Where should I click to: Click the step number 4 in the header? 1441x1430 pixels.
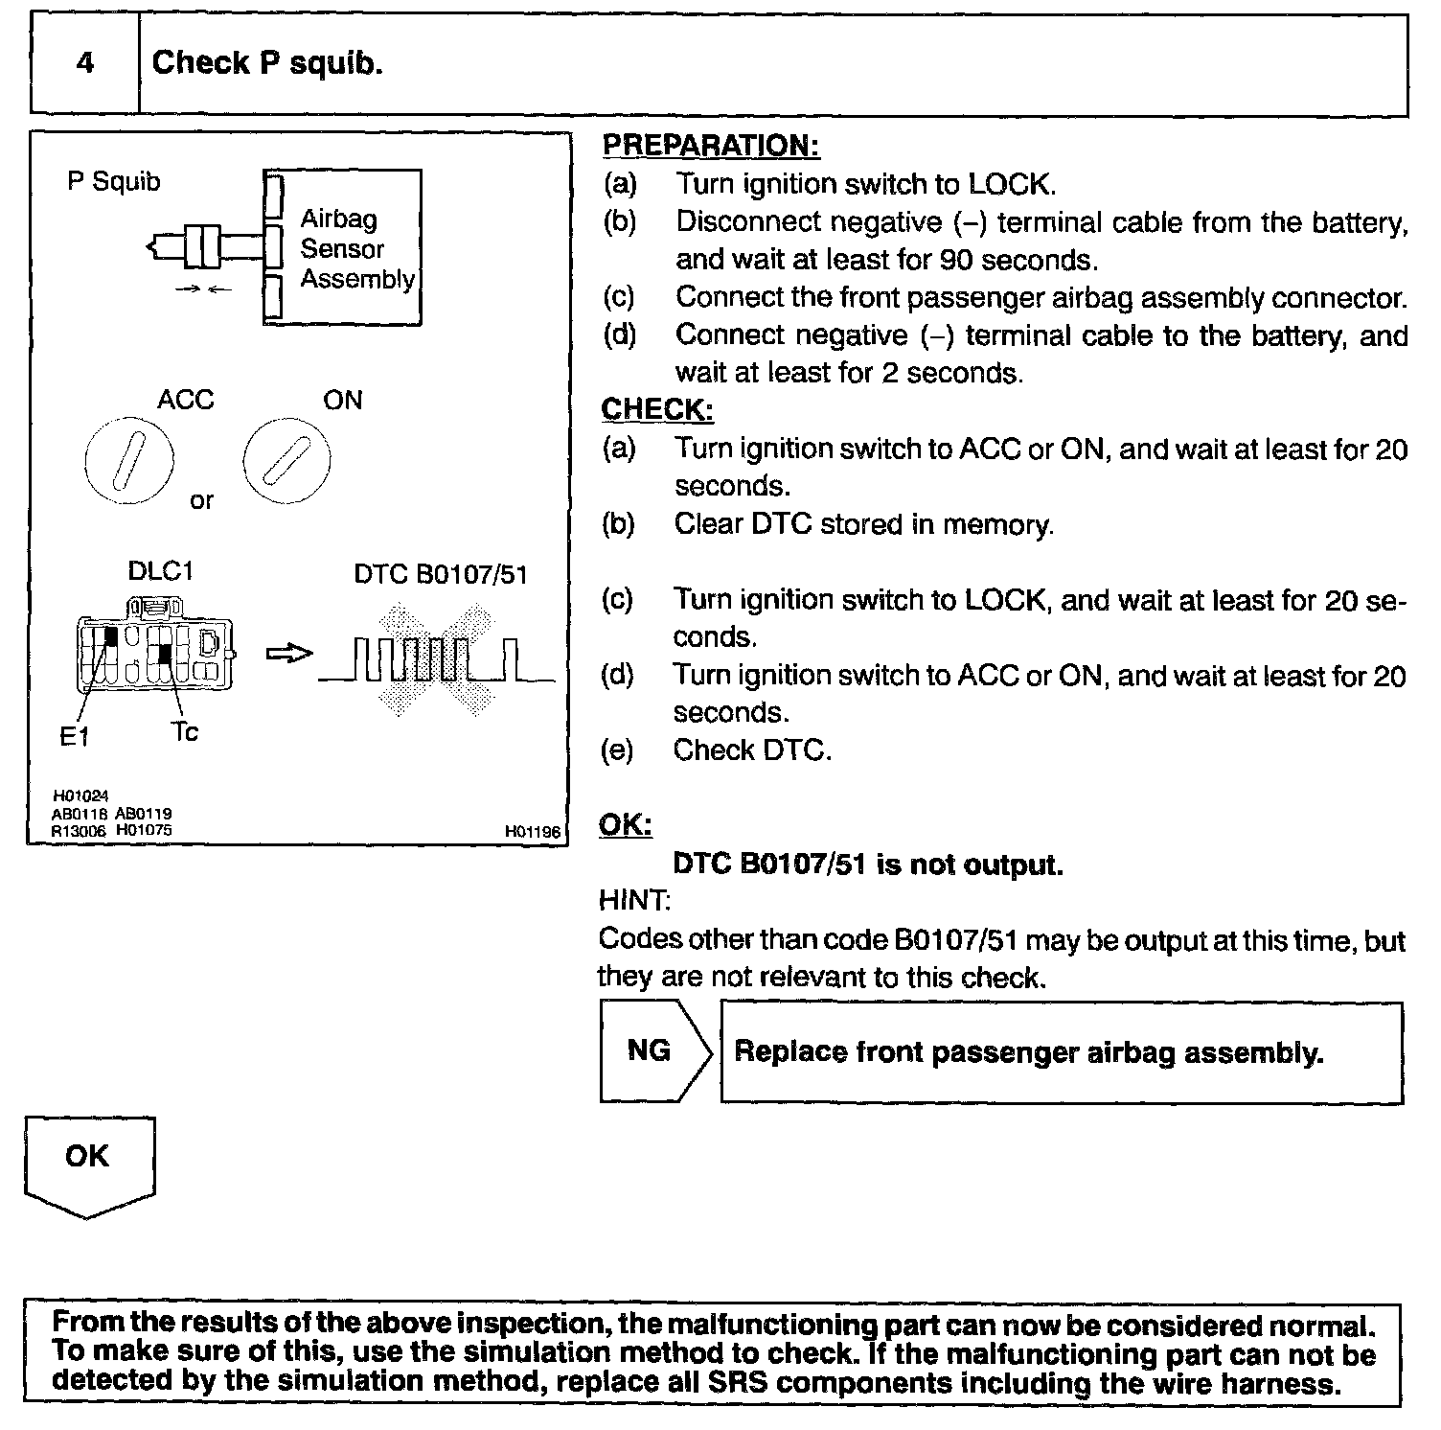coord(85,64)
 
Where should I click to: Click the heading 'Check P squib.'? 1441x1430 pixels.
coord(267,63)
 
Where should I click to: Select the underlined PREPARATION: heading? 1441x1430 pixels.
coord(710,146)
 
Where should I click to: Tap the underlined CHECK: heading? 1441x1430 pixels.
coord(656,410)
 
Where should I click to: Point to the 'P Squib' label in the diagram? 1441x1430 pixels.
coord(113,181)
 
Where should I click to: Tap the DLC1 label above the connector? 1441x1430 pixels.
coord(160,571)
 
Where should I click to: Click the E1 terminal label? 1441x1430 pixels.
coord(73,737)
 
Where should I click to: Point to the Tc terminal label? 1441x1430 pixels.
coord(184,732)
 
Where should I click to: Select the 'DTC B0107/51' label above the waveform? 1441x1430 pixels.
coord(440,574)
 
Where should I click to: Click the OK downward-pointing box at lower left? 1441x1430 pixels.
coord(88,1163)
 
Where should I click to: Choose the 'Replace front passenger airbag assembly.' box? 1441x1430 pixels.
coord(1061,1052)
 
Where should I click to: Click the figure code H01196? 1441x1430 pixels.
coord(532,832)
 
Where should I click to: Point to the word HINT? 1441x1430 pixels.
coord(634,901)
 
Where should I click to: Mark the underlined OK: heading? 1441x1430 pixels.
coord(625,825)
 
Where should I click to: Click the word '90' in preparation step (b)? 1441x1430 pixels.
coord(956,260)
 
